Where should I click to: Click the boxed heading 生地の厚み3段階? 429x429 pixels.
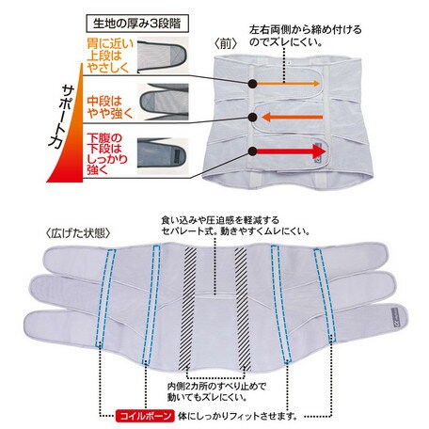click(137, 24)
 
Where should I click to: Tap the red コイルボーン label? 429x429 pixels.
click(145, 416)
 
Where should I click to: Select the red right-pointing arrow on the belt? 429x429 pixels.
click(292, 151)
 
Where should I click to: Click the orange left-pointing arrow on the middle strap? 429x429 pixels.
click(292, 118)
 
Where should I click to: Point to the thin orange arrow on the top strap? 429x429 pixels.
click(288, 84)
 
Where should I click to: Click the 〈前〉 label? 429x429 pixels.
click(225, 44)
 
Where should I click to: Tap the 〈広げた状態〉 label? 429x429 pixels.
click(78, 233)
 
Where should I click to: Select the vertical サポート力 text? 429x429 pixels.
click(62, 116)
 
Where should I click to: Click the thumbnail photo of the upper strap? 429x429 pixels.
click(163, 56)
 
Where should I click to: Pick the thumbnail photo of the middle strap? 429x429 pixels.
click(163, 102)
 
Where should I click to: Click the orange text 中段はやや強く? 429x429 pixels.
click(110, 107)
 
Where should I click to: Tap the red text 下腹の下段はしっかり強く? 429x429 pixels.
click(107, 153)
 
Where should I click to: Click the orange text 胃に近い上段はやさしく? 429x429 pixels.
click(110, 56)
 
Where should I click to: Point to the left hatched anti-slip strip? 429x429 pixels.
click(188, 309)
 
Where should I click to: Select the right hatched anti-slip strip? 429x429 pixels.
click(243, 309)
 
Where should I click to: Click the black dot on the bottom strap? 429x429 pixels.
click(252, 151)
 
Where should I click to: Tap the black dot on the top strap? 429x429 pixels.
click(252, 84)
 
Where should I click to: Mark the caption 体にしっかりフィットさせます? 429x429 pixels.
click(237, 416)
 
